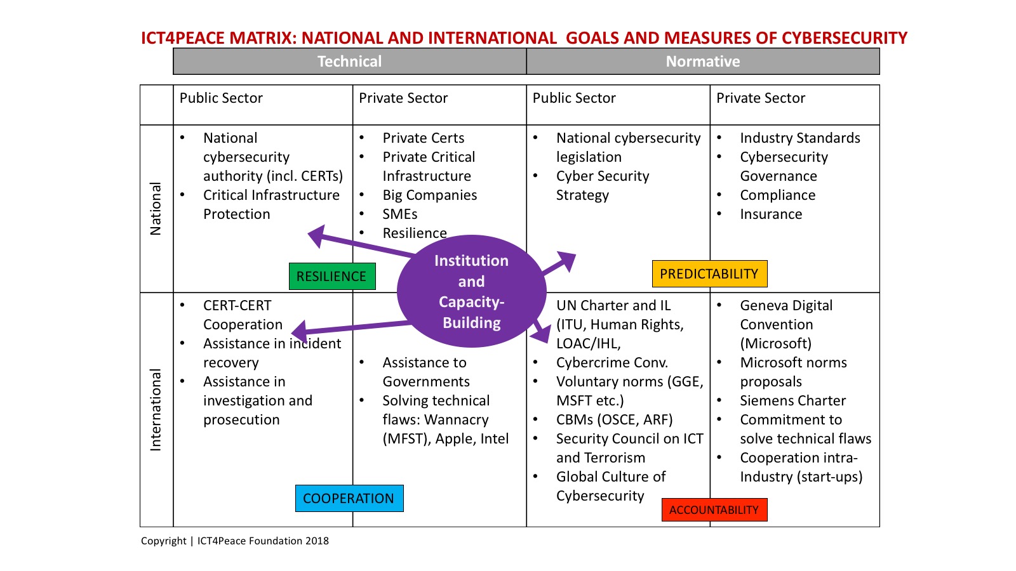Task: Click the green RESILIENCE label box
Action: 332,277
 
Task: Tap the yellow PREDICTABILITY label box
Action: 709,274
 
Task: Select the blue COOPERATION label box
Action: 349,499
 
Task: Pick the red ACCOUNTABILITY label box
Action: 714,510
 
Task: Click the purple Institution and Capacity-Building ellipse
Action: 471,292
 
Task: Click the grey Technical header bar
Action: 349,62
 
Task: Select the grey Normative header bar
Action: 703,62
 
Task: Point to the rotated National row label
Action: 156,209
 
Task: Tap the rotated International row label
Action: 156,410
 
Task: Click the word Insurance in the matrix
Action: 771,214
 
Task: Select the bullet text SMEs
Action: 399,214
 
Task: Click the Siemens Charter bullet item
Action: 792,401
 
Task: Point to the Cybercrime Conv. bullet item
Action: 612,363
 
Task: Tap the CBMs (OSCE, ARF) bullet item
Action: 614,420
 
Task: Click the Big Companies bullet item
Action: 429,195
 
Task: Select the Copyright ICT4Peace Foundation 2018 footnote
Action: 235,541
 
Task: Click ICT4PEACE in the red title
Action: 182,38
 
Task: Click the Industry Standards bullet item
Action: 799,138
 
